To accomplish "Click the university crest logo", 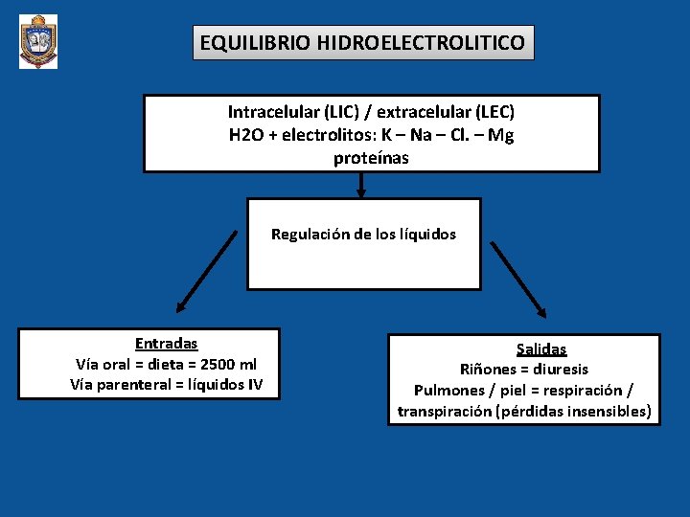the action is tap(38, 41).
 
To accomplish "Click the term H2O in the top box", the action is tap(247, 135).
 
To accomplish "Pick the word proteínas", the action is tap(371, 158).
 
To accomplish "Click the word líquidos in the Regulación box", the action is tap(426, 234).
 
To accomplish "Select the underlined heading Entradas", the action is tap(166, 343).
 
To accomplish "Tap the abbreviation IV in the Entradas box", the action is tap(254, 385).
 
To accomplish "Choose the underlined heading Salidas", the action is tap(541, 349).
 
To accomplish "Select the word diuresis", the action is tap(560, 370).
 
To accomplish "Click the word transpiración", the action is tap(445, 412).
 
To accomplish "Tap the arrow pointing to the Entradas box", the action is tap(205, 273).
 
